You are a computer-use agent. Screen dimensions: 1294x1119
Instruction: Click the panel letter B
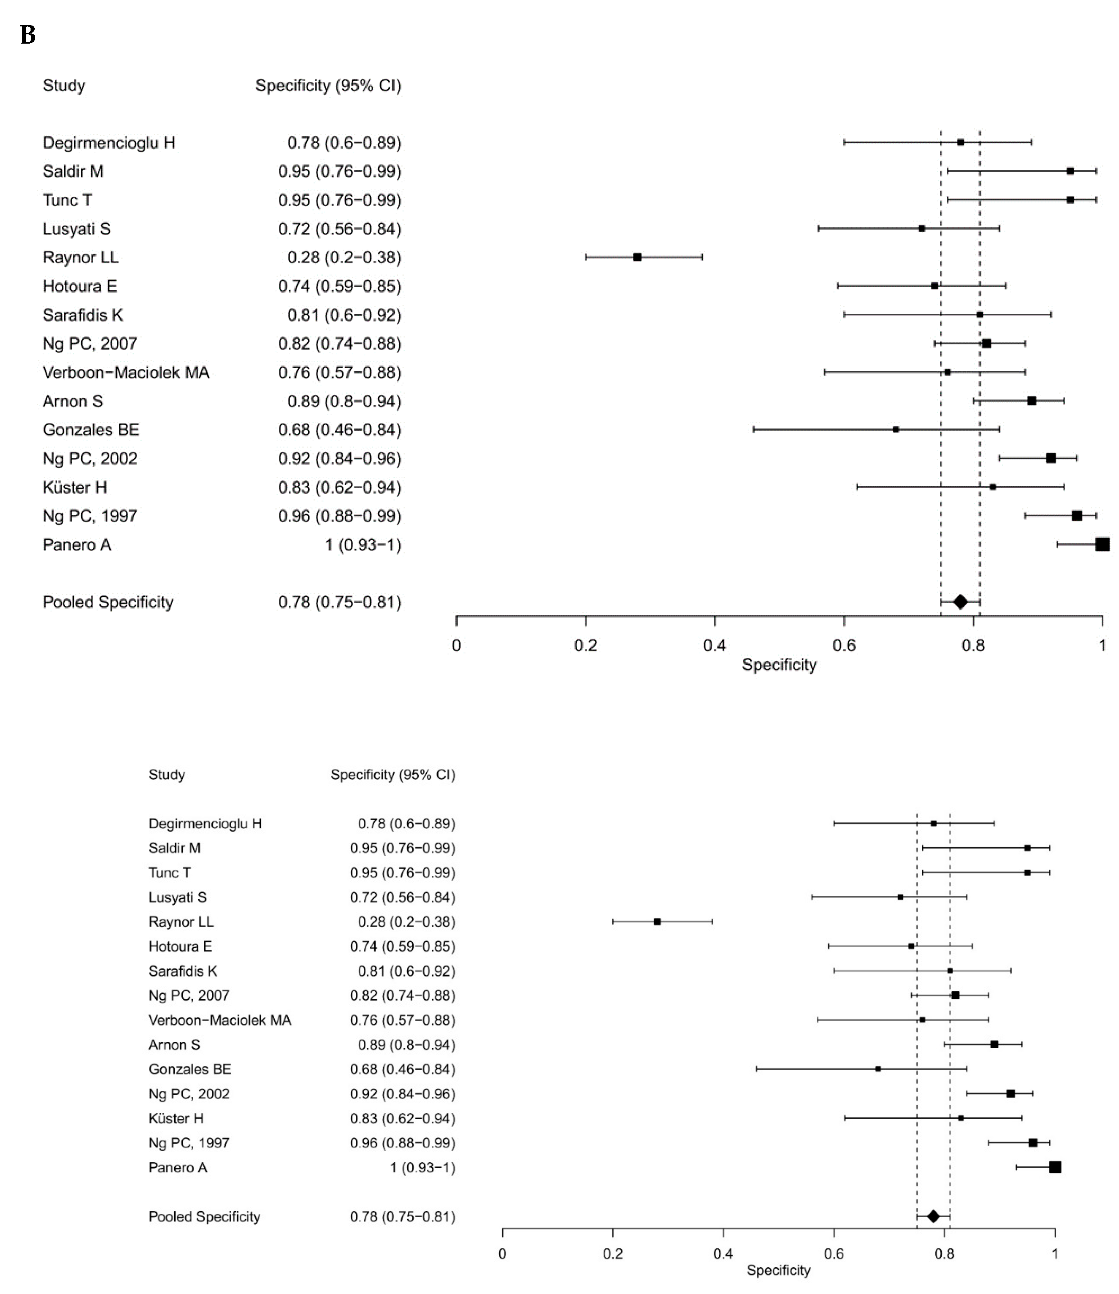click(28, 36)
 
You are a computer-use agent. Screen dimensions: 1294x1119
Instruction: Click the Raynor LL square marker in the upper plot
click(637, 257)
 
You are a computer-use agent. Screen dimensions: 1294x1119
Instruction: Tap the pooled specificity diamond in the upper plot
click(961, 602)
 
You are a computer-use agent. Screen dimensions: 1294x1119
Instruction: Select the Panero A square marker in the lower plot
click(1055, 1167)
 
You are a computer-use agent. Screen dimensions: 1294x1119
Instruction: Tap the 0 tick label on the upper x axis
click(456, 645)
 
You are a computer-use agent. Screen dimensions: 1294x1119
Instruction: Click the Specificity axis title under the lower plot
click(778, 1270)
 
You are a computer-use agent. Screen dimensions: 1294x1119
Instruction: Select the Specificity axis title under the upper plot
click(779, 664)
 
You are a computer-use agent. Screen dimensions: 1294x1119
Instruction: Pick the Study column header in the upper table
click(64, 86)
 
